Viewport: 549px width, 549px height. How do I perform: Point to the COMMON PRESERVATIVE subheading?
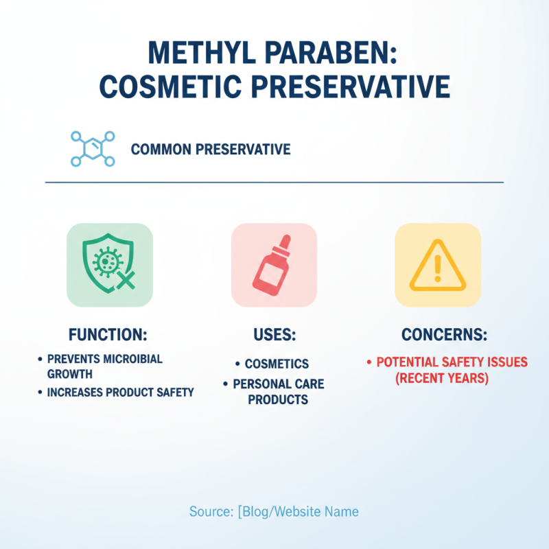click(x=210, y=149)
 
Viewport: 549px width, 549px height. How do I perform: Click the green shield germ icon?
click(x=110, y=265)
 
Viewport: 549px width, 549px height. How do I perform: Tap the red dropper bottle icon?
click(x=273, y=265)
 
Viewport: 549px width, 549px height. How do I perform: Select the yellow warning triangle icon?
click(x=437, y=265)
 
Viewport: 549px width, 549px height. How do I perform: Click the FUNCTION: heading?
click(x=108, y=336)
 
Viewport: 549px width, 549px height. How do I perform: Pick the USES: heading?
click(x=274, y=336)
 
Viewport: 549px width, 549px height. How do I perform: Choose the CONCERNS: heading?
click(x=444, y=336)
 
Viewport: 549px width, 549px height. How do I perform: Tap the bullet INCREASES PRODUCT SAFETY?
click(x=121, y=393)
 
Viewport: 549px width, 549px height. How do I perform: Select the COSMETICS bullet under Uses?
click(x=277, y=364)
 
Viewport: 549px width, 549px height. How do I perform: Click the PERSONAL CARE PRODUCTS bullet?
click(x=279, y=391)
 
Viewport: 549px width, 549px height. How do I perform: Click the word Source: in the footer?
click(x=210, y=511)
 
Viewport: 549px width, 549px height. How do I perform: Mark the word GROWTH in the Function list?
click(x=69, y=375)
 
